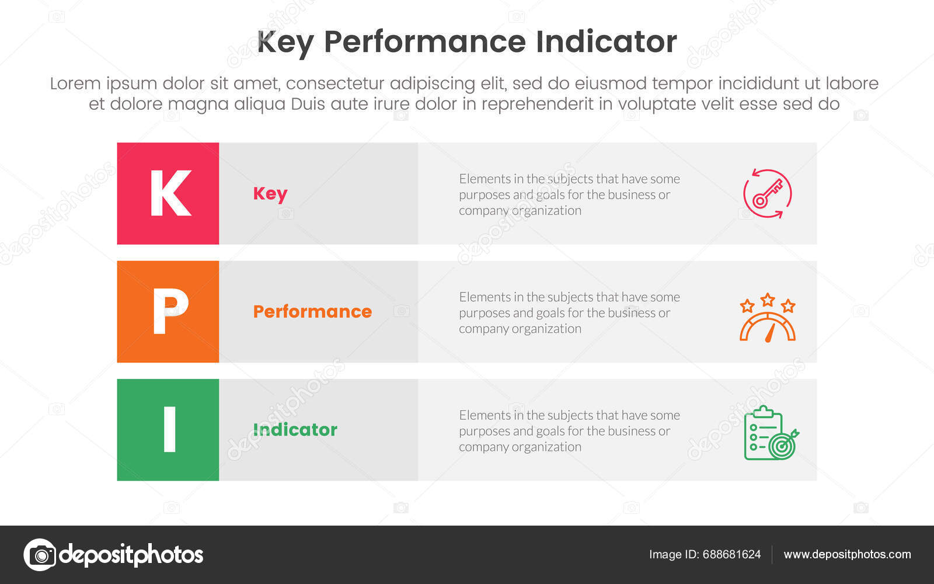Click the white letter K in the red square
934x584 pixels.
pos(170,193)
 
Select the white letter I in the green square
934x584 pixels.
pos(169,429)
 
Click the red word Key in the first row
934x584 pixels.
pos(270,194)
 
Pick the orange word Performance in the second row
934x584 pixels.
pos(312,311)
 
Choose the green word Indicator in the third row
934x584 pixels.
pos(295,430)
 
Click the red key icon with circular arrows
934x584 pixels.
pos(767,194)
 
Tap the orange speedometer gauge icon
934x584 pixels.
pos(767,327)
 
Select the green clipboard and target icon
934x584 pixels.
pos(769,433)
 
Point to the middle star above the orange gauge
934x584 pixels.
pos(768,300)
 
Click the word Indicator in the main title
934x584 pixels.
pos(606,42)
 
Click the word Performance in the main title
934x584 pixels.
pos(424,42)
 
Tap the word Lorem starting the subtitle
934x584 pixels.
pos(75,84)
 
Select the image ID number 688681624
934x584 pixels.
pos(731,555)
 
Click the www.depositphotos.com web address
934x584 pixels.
pos(847,555)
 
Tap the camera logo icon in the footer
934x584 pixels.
pos(40,555)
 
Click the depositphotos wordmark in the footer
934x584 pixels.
pos(131,555)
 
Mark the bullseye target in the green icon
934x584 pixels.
pos(781,447)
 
